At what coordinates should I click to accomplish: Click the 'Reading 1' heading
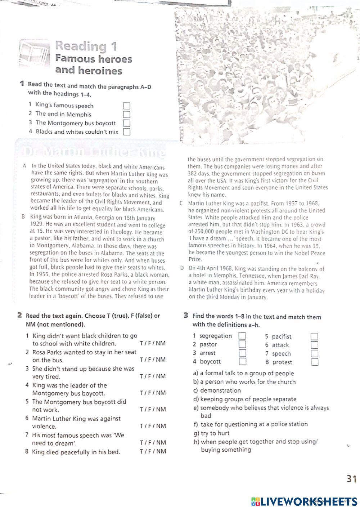tap(86, 46)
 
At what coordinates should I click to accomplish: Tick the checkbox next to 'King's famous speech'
tap(126, 106)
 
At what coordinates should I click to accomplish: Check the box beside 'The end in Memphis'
tap(126, 115)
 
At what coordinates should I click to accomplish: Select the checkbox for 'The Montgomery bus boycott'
tap(126, 124)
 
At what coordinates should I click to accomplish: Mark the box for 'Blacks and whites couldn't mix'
tap(126, 132)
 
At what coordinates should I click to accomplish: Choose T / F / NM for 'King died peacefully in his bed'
tap(153, 451)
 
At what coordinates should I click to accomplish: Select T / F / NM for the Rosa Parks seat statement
tap(153, 360)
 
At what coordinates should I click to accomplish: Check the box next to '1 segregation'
tap(243, 336)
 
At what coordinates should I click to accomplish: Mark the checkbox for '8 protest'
tap(315, 362)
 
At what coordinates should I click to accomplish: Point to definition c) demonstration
tap(217, 390)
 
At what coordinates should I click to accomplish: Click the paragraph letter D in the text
tap(182, 268)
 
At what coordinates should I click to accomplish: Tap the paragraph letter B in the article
tap(23, 217)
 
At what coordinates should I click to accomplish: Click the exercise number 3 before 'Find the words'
tap(186, 316)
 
